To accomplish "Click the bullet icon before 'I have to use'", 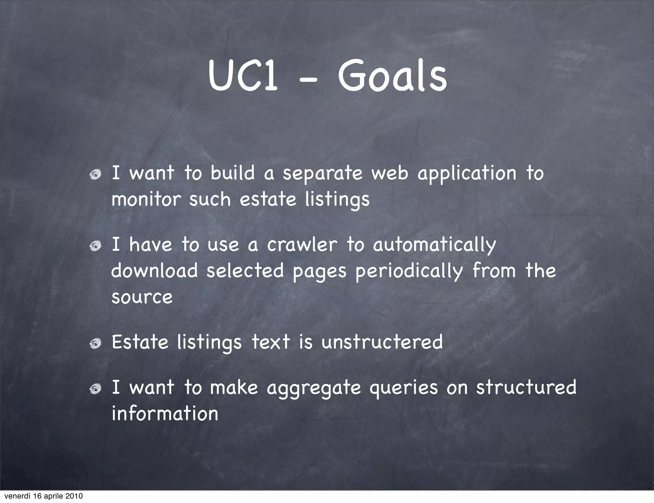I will point(95,246).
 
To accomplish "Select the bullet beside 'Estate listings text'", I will point(95,343).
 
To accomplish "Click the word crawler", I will point(302,245).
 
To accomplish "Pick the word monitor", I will point(146,199).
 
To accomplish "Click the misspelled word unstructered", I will point(382,342).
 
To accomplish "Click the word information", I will point(165,414).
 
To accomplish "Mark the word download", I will point(155,271).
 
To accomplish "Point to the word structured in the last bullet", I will point(526,387).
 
